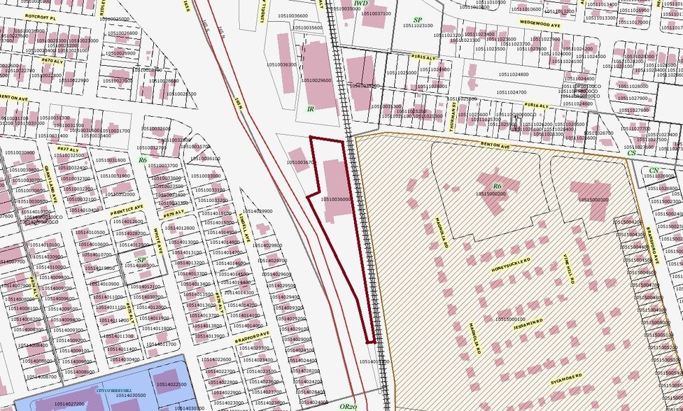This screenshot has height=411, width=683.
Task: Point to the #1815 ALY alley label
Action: [x=425, y=56]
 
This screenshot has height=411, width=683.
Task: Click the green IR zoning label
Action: [x=311, y=109]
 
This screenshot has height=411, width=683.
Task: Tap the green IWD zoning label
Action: [x=361, y=4]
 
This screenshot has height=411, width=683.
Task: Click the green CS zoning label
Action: [x=632, y=152]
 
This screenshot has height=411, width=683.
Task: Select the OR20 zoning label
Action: [x=348, y=405]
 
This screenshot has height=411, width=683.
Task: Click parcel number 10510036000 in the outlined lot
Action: [x=336, y=199]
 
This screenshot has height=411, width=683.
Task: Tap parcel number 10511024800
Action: [x=513, y=74]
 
